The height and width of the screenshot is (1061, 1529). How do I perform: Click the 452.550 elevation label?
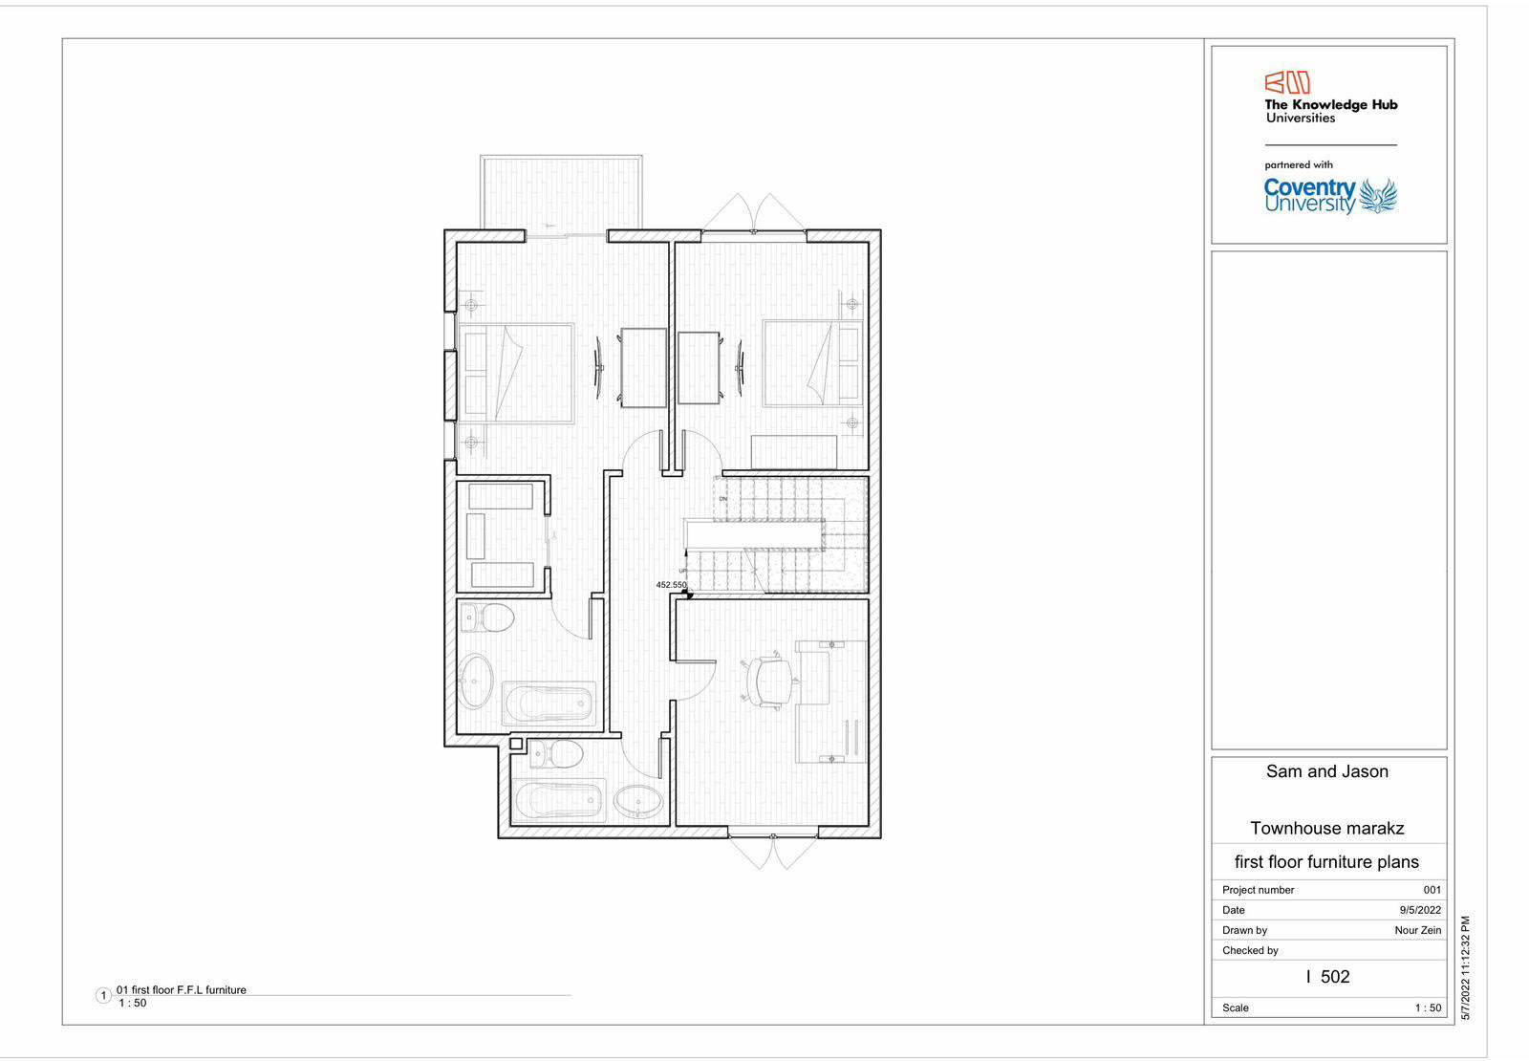tap(671, 585)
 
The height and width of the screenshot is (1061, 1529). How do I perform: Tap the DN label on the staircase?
tap(722, 499)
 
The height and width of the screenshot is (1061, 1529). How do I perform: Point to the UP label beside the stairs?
tap(682, 571)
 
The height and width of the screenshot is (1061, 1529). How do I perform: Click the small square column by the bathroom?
tap(516, 744)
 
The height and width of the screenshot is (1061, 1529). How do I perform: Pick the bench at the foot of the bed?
tap(793, 451)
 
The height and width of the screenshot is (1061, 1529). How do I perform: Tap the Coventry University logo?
tap(1329, 196)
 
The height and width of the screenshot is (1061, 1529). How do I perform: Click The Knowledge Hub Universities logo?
tap(1329, 98)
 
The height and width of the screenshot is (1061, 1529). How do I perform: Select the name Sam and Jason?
tap(1326, 771)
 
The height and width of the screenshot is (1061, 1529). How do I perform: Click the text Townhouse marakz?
tap(1326, 828)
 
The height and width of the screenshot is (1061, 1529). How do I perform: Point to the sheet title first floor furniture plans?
tap(1326, 862)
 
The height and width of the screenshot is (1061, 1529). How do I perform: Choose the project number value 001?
tap(1432, 890)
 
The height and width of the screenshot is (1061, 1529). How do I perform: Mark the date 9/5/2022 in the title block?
tap(1420, 910)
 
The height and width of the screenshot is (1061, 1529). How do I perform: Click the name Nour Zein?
tap(1417, 930)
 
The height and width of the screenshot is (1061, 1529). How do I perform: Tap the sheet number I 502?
tap(1327, 977)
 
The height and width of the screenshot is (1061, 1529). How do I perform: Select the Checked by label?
tap(1250, 950)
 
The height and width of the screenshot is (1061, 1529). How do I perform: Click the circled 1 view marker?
tap(104, 996)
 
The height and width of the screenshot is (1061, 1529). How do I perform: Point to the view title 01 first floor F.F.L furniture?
tap(182, 990)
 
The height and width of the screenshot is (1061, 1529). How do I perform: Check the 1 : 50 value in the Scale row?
tap(1428, 1007)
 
